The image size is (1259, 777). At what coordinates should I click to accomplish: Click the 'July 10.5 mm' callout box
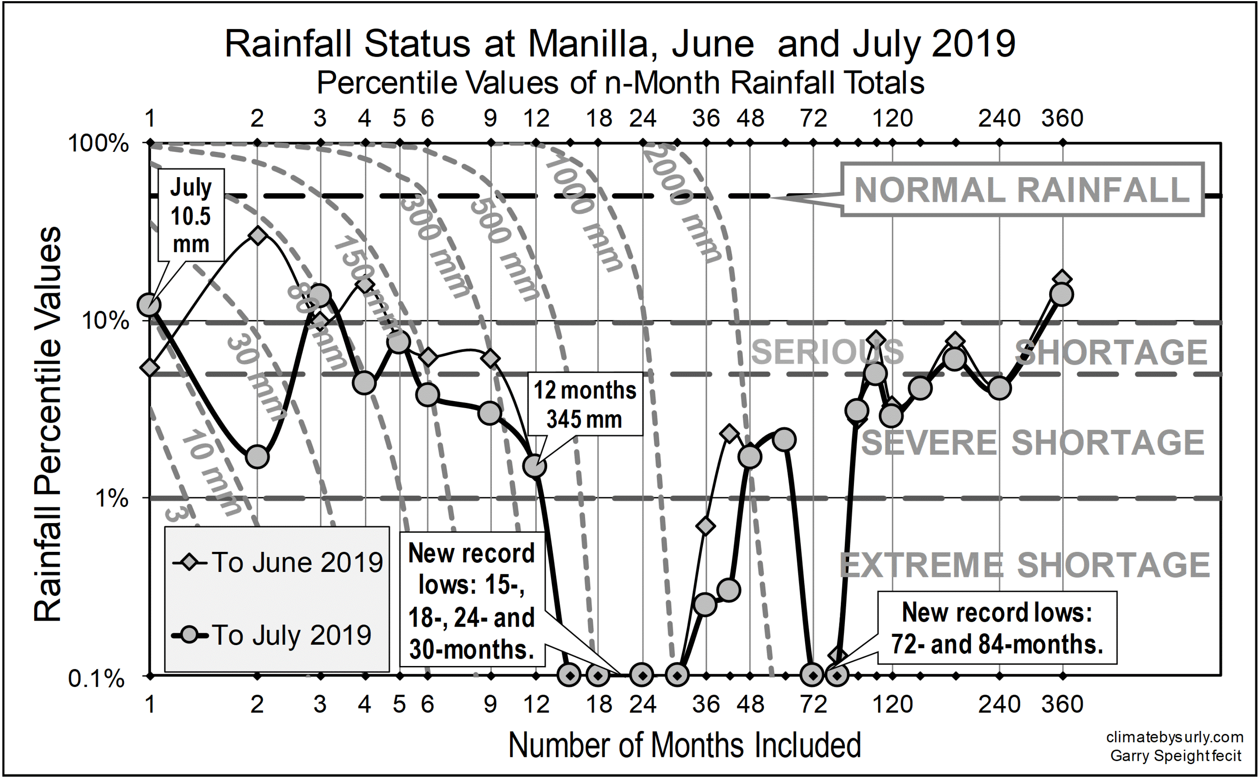(191, 215)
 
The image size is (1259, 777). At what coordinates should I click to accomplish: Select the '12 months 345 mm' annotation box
(585, 404)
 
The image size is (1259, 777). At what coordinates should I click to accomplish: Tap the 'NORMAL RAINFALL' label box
(1022, 190)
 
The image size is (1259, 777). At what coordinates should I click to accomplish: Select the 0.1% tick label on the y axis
(96, 678)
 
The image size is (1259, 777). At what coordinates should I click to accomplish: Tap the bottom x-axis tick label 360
(1062, 704)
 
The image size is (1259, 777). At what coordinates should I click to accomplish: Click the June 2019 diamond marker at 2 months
(257, 235)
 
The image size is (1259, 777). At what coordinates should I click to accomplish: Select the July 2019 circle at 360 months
(1062, 294)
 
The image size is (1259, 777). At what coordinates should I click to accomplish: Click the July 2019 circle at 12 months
(535, 466)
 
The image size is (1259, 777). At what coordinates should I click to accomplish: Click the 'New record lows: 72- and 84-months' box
(996, 628)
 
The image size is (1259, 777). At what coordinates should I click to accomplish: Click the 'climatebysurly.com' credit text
(1175, 737)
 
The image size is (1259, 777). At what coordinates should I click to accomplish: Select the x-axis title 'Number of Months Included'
(685, 745)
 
